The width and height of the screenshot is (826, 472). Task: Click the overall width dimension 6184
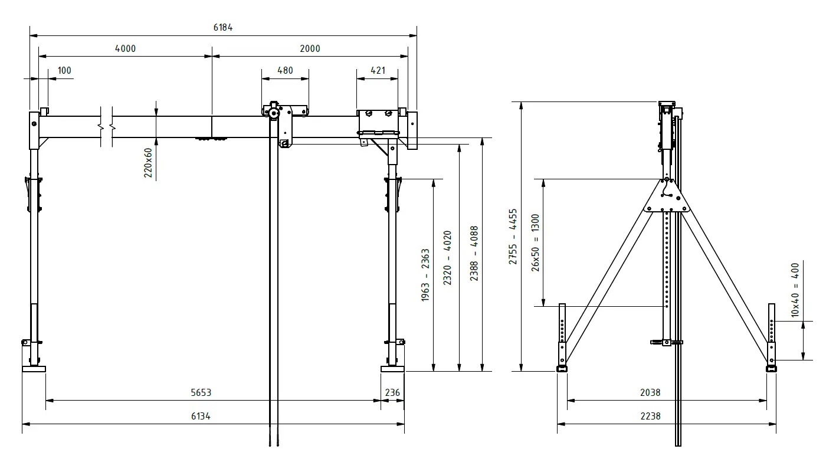223,28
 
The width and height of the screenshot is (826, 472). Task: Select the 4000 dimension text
125,48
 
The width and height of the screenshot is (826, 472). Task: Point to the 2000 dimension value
310,48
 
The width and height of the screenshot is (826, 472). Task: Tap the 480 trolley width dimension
285,70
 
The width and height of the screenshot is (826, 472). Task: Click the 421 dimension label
378,70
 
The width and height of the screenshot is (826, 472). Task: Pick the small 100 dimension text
64,70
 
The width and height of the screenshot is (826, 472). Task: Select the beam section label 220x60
148,162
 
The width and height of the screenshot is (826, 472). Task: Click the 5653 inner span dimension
201,392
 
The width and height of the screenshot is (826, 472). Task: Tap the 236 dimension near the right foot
392,392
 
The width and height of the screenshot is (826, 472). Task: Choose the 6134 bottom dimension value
201,416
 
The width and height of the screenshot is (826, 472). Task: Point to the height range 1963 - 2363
425,276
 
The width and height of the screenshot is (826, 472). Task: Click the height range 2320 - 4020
448,258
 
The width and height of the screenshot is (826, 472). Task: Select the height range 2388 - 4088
474,254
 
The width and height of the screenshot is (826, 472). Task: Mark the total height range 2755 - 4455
513,236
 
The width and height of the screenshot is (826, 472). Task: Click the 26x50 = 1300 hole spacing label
535,242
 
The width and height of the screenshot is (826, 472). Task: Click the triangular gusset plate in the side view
667,198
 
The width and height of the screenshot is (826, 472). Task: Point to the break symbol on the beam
107,126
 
